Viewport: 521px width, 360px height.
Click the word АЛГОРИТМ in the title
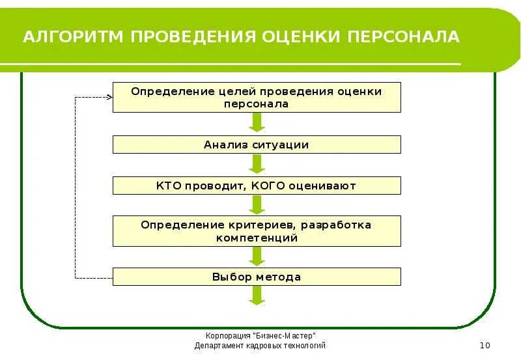73,36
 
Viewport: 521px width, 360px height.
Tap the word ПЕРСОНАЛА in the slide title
403,36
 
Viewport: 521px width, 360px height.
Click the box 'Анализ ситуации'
257,145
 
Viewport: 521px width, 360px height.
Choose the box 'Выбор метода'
257,277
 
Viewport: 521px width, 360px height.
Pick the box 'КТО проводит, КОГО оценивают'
257,186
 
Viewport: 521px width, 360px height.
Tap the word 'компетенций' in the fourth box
257,238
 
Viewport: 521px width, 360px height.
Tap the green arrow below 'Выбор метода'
257,296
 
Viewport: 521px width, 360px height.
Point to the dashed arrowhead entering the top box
109,97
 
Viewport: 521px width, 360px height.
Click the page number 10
484,345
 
